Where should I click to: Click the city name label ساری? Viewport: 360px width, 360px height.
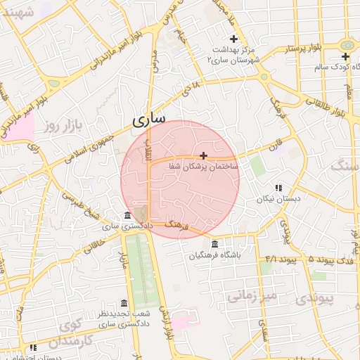149,120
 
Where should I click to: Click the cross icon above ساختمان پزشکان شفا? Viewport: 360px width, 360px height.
204,155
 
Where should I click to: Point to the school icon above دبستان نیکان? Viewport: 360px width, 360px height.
278,188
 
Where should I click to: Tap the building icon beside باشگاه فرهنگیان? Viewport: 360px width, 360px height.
214,244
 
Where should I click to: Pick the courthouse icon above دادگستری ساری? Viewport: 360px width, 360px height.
127,215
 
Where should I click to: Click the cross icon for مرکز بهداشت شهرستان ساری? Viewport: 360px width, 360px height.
234,39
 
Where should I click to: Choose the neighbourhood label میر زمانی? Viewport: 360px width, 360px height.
252,297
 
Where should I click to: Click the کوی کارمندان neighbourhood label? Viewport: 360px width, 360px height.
70,334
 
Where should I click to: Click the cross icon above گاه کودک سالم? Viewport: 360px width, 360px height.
345,56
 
